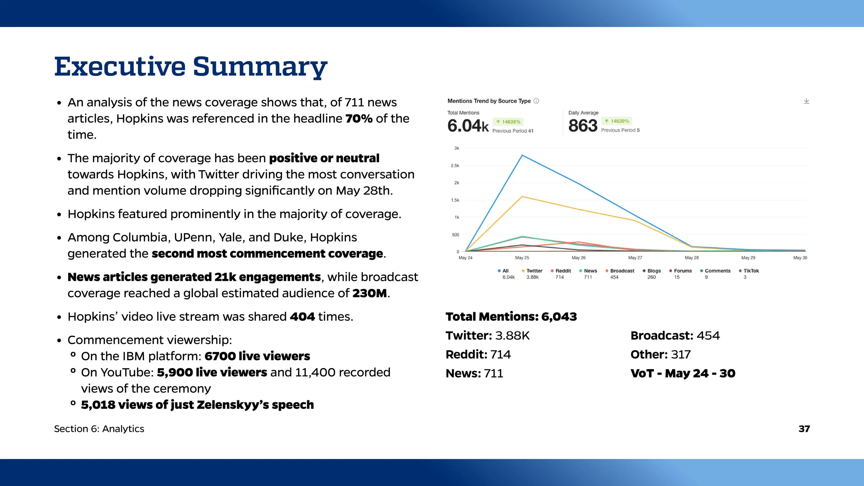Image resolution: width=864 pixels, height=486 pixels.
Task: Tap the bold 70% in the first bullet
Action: [359, 119]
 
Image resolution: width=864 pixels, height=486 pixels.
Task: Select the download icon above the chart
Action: [806, 101]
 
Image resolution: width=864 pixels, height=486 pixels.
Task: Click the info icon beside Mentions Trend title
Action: [536, 101]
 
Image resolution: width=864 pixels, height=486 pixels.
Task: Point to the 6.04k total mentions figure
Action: [468, 125]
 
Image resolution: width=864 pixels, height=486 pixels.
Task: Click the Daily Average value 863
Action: [583, 125]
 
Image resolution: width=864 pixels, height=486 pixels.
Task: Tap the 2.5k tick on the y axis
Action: [455, 166]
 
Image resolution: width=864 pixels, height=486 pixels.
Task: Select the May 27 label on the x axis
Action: [635, 258]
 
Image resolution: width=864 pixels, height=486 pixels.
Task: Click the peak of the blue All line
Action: [522, 156]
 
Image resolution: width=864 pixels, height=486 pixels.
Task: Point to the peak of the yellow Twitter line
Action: [522, 197]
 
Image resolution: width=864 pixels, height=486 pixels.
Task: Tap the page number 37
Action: [804, 429]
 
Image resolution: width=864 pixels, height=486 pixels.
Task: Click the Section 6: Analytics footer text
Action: [99, 429]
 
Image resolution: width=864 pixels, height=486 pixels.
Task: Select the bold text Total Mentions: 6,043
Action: [511, 317]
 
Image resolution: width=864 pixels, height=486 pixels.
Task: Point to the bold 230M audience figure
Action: [369, 293]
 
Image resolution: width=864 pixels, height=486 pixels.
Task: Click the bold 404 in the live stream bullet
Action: [302, 317]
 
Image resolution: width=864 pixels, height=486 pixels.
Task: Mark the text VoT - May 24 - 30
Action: [683, 373]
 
